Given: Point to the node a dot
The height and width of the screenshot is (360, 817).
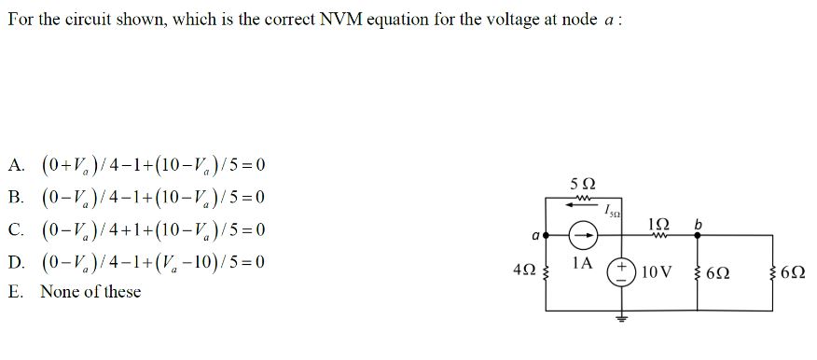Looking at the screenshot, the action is pos(546,236).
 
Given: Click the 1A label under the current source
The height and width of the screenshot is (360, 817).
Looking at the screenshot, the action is pos(582,265).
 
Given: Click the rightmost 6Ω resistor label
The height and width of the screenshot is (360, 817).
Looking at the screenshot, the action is pos(799,272).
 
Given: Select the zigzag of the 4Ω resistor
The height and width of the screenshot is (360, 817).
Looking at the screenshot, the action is pos(545,271).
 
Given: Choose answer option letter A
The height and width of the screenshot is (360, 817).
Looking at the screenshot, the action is pos(15,166).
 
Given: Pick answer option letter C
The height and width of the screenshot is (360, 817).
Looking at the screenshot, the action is pos(15,229).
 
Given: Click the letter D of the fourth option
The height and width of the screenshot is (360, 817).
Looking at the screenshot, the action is pos(15,261).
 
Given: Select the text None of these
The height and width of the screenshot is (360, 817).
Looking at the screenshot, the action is pos(90,292).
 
